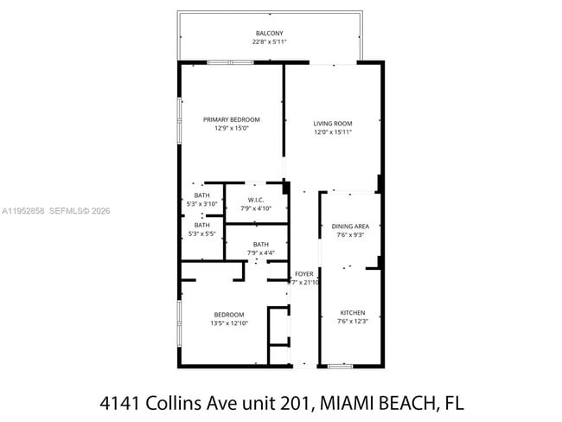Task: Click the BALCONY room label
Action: (x=268, y=33)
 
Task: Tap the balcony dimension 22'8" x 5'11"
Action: (x=268, y=42)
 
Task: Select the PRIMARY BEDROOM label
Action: (x=231, y=119)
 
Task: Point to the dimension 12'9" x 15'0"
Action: (x=231, y=129)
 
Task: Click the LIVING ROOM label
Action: (x=333, y=124)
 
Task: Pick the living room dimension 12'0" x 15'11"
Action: (x=333, y=133)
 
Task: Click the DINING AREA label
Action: (x=350, y=227)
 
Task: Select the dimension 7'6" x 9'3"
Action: (x=350, y=235)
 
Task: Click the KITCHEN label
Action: (x=352, y=313)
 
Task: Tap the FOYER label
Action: (x=303, y=274)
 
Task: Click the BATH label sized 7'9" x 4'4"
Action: (x=260, y=245)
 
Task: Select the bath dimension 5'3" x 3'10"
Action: (x=201, y=203)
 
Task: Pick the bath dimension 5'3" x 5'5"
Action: (x=201, y=233)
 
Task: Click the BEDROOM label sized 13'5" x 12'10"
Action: (x=228, y=315)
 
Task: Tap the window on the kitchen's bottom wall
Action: (x=340, y=367)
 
